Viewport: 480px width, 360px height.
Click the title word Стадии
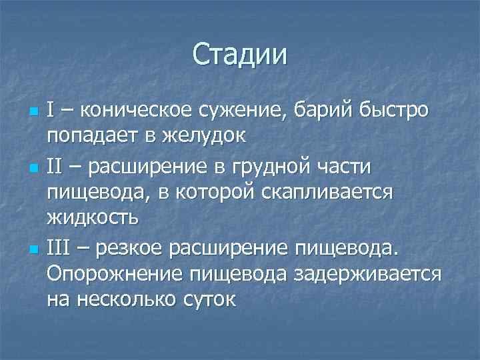(240, 54)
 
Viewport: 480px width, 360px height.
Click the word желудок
(202, 135)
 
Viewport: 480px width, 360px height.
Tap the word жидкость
(93, 218)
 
